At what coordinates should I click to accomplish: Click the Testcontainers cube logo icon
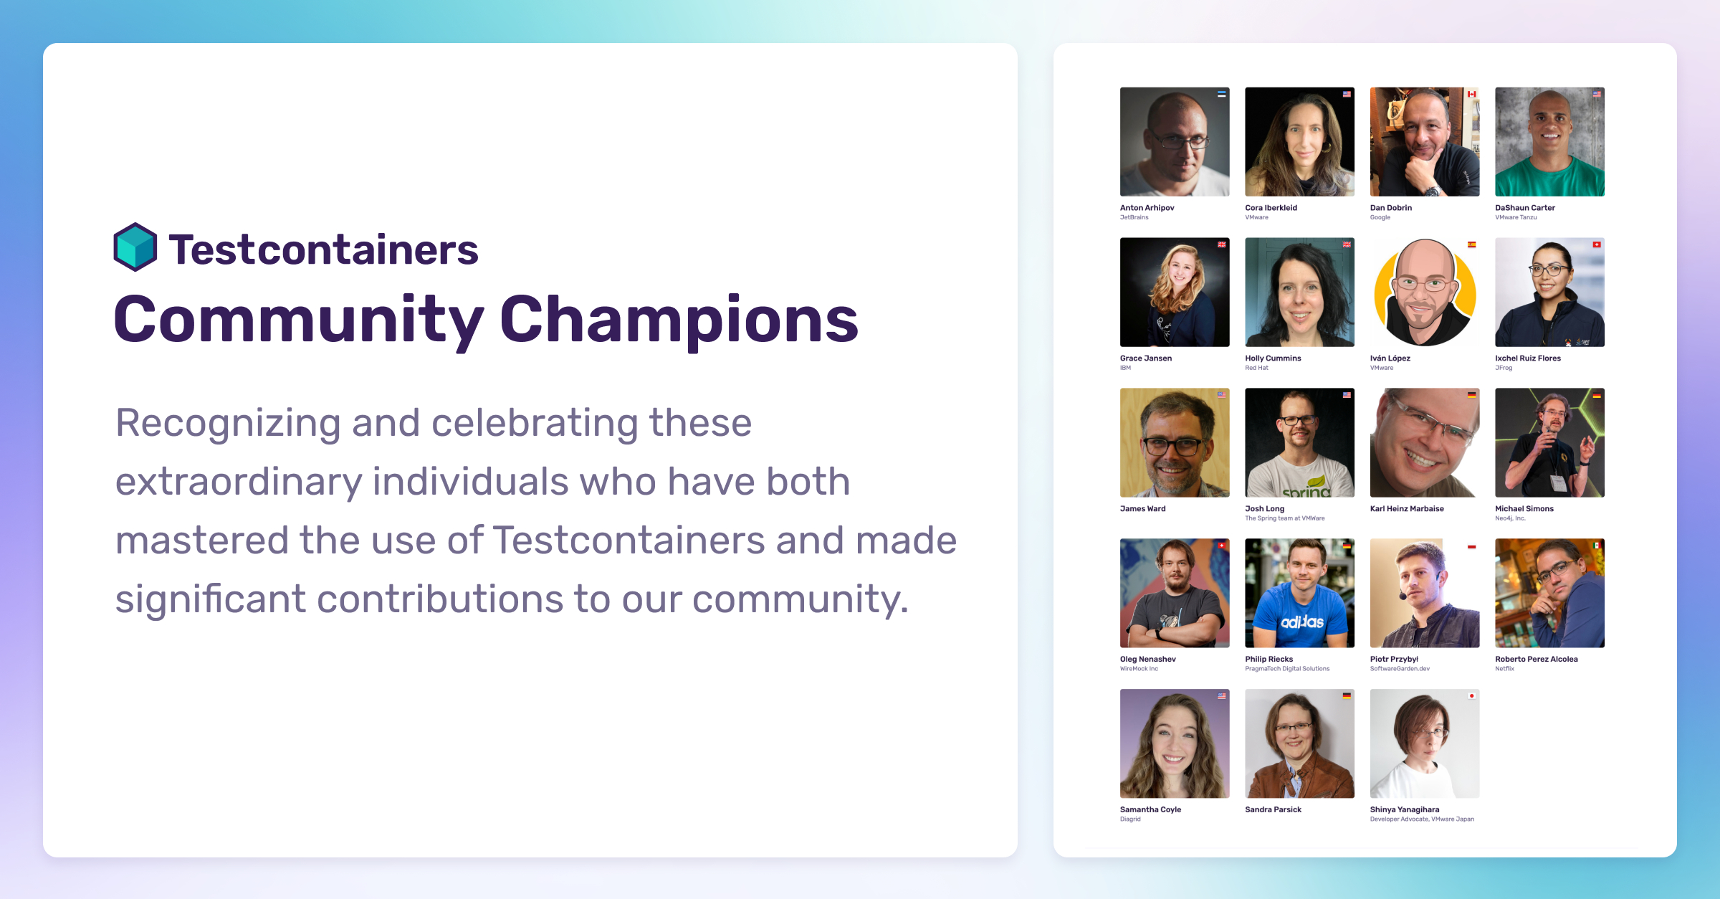tap(135, 247)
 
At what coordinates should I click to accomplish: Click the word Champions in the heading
tap(679, 320)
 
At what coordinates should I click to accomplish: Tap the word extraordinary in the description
tap(239, 482)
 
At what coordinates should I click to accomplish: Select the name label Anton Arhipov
tap(1147, 208)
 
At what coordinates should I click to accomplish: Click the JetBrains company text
tap(1134, 217)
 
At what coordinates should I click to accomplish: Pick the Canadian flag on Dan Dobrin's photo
tap(1471, 94)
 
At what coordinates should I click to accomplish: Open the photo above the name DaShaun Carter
tap(1549, 142)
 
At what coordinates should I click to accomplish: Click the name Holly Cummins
tap(1273, 358)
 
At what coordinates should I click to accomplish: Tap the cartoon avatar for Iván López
tap(1425, 292)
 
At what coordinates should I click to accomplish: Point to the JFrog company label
tap(1504, 368)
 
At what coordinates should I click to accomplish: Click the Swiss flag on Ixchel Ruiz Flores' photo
tap(1597, 244)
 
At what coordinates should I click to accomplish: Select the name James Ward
tap(1142, 509)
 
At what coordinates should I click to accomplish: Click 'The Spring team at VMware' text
tap(1285, 518)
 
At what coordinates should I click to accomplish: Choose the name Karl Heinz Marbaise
tap(1407, 509)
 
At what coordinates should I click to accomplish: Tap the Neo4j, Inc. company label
tap(1510, 518)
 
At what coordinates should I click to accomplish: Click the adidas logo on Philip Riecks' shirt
tap(1302, 622)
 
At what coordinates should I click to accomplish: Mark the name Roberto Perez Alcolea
tap(1536, 660)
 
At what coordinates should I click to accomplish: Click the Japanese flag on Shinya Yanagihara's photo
tap(1471, 696)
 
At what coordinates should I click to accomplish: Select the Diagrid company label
tap(1130, 819)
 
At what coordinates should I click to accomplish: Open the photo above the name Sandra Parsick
tap(1300, 743)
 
